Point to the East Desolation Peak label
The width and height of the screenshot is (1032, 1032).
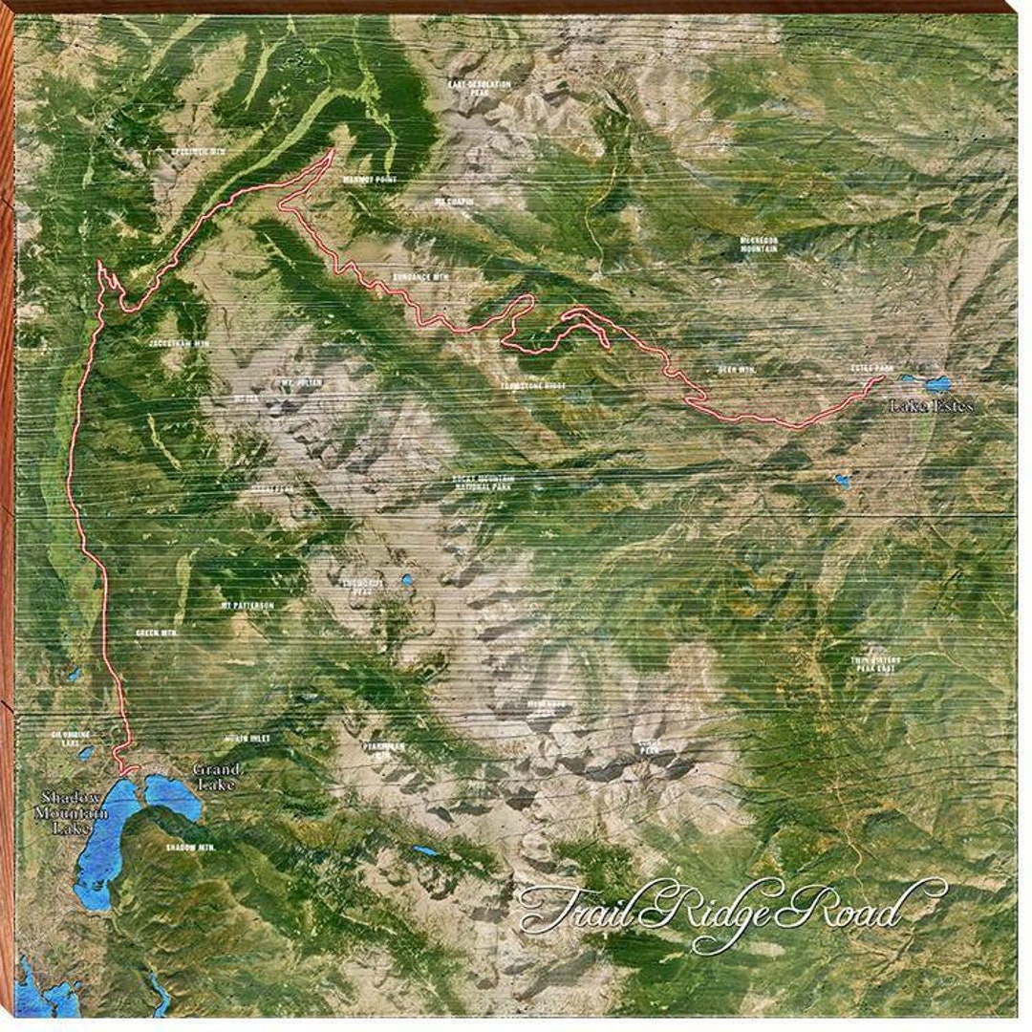click(x=480, y=88)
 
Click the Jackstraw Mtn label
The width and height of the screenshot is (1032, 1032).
click(x=179, y=341)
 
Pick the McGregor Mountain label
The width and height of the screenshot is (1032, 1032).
click(x=758, y=244)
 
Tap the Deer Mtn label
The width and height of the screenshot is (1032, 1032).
click(x=737, y=369)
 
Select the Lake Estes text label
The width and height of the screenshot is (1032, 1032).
click(x=932, y=406)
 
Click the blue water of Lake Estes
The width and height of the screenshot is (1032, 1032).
click(x=937, y=384)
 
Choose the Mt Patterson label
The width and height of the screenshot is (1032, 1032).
click(x=247, y=605)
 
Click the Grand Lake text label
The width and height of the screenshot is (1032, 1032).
click(x=216, y=776)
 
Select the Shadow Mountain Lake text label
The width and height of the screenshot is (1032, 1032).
click(x=73, y=813)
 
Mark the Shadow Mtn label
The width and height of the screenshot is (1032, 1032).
click(x=186, y=847)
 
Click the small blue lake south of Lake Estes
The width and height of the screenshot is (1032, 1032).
click(x=841, y=481)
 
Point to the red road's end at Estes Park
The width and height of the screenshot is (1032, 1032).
click(x=880, y=378)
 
